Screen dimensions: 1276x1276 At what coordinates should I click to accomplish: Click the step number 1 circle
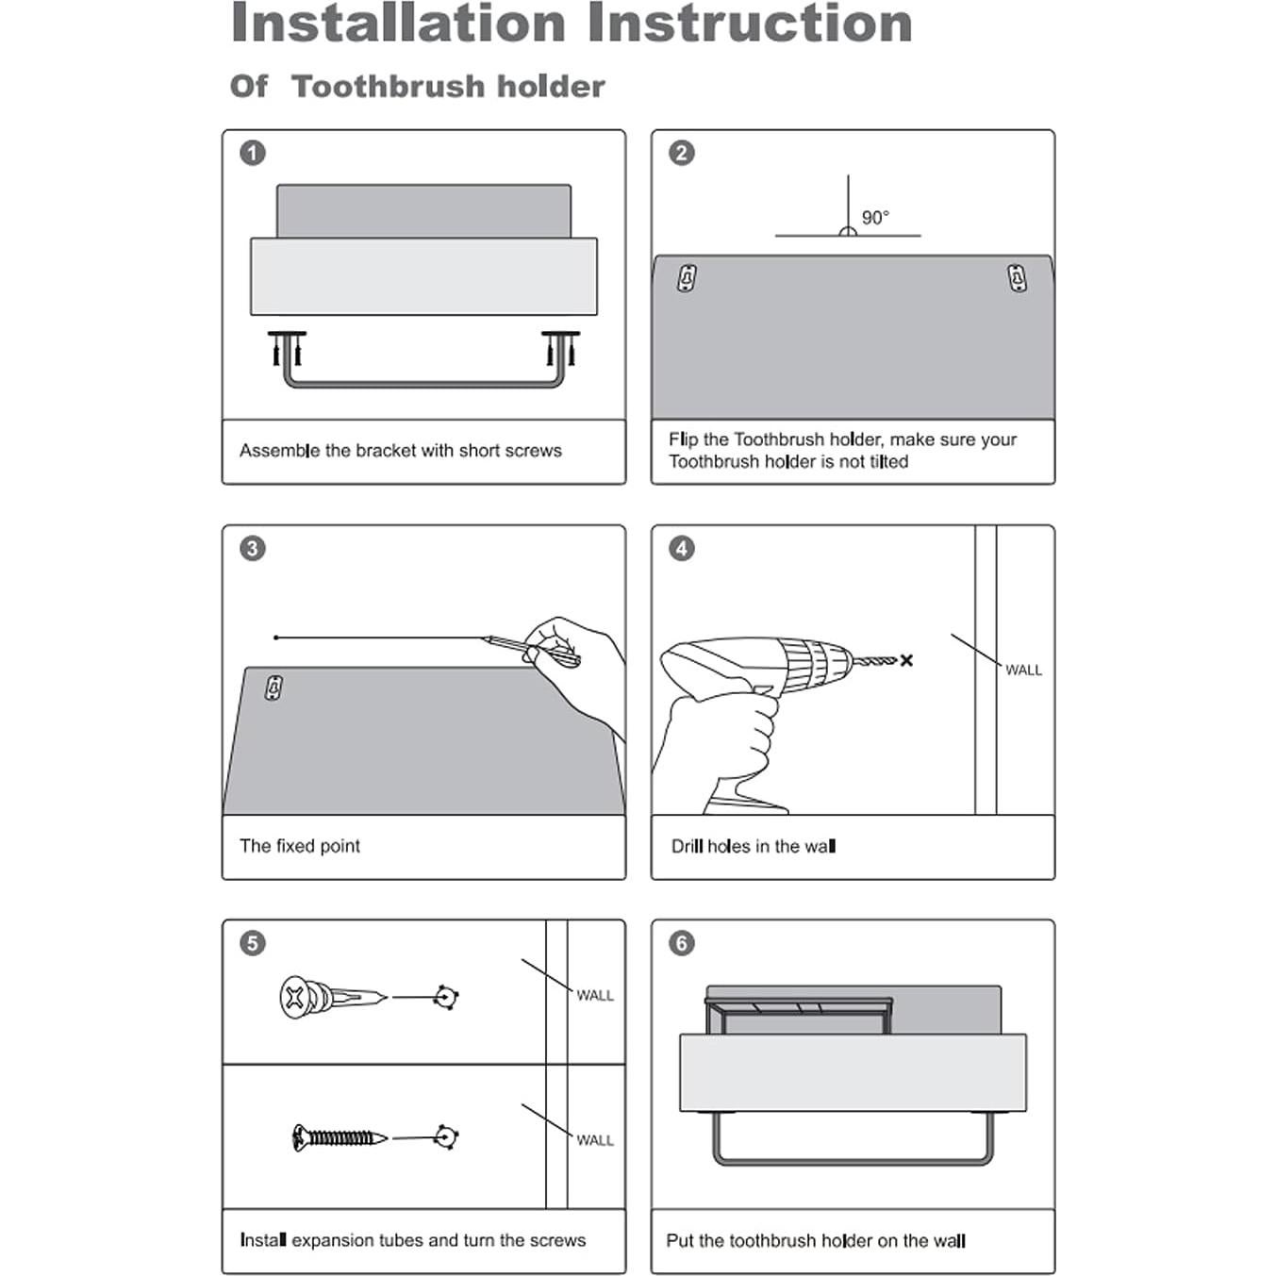point(253,153)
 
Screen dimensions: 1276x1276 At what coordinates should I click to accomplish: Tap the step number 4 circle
point(681,548)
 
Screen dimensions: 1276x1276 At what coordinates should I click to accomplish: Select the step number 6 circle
point(681,943)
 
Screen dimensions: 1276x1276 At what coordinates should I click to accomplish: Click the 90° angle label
point(875,217)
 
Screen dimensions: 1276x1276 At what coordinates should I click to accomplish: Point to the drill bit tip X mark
point(906,660)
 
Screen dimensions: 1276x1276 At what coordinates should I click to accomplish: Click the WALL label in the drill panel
point(1023,671)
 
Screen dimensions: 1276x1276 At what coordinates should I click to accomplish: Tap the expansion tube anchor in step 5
point(332,997)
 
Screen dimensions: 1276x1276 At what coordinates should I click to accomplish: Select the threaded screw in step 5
point(340,1137)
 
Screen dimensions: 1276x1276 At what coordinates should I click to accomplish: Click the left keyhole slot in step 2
point(688,277)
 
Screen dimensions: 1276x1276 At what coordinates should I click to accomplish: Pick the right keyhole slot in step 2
point(1017,277)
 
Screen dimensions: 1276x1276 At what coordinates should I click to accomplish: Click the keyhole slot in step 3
point(273,688)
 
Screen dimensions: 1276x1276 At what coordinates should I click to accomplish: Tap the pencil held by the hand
point(531,649)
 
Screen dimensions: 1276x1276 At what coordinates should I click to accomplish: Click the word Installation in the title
point(398,24)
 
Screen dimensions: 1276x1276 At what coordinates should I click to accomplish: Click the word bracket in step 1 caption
point(386,450)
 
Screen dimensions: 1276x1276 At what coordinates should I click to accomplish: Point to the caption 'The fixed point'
point(300,846)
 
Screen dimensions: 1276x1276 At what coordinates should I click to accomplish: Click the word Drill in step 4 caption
point(687,846)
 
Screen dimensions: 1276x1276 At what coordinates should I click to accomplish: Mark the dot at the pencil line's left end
point(276,638)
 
